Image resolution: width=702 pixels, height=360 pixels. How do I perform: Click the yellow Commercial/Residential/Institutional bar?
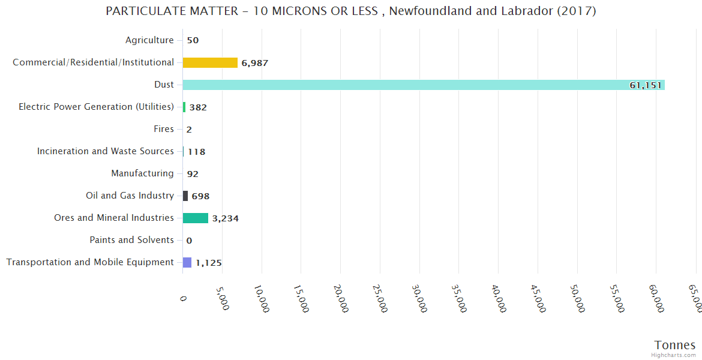click(x=210, y=62)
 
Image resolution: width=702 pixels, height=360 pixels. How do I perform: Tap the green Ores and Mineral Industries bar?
click(x=195, y=218)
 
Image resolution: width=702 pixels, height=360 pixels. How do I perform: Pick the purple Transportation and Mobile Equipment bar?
click(x=187, y=262)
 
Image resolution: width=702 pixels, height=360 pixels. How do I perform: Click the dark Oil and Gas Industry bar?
click(x=185, y=196)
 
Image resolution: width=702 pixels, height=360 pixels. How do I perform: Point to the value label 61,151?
click(x=645, y=85)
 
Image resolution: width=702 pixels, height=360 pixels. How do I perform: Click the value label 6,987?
click(x=257, y=63)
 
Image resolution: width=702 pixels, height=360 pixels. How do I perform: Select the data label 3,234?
click(x=225, y=218)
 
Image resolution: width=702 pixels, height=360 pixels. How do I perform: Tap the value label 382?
click(x=198, y=107)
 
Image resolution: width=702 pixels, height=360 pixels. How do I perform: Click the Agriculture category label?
click(x=149, y=40)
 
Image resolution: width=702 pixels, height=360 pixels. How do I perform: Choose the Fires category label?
click(x=164, y=129)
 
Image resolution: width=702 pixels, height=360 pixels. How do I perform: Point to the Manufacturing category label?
click(x=142, y=173)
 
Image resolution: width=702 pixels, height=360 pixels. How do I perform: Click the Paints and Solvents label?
click(x=131, y=240)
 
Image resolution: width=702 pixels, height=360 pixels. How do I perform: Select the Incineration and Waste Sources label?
click(x=105, y=151)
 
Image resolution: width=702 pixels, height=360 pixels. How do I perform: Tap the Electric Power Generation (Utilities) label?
click(x=96, y=107)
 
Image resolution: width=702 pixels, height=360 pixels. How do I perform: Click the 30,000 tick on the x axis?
click(x=421, y=298)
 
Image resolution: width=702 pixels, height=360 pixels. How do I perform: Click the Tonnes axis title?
click(x=674, y=345)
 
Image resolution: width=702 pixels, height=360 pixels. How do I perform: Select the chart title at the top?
click(x=350, y=11)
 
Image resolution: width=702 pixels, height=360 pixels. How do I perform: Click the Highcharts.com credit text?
click(x=674, y=355)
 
